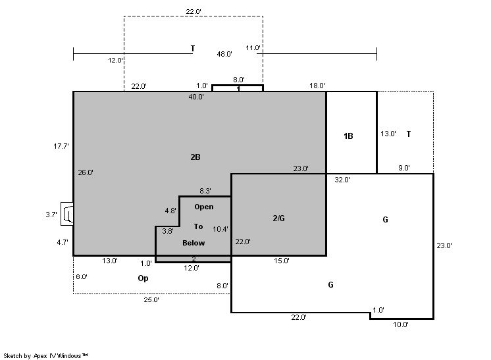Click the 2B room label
[x=195, y=157]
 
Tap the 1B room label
[x=348, y=136]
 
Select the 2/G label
[x=278, y=219]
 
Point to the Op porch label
[x=143, y=278]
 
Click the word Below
[x=194, y=243]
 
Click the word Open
[x=204, y=207]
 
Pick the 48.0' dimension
[x=224, y=54]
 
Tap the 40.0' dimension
[x=196, y=97]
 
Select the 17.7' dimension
[x=61, y=146]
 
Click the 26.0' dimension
[x=86, y=172]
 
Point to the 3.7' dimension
[x=51, y=215]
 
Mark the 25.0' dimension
[x=151, y=300]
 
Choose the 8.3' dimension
[x=205, y=191]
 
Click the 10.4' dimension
[x=220, y=229]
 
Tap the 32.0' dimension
[x=342, y=180]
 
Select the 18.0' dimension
[x=317, y=86]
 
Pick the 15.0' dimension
[x=282, y=261]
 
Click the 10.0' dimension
[x=401, y=324]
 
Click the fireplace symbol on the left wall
[x=67, y=214]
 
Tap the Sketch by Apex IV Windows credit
[x=45, y=356]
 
